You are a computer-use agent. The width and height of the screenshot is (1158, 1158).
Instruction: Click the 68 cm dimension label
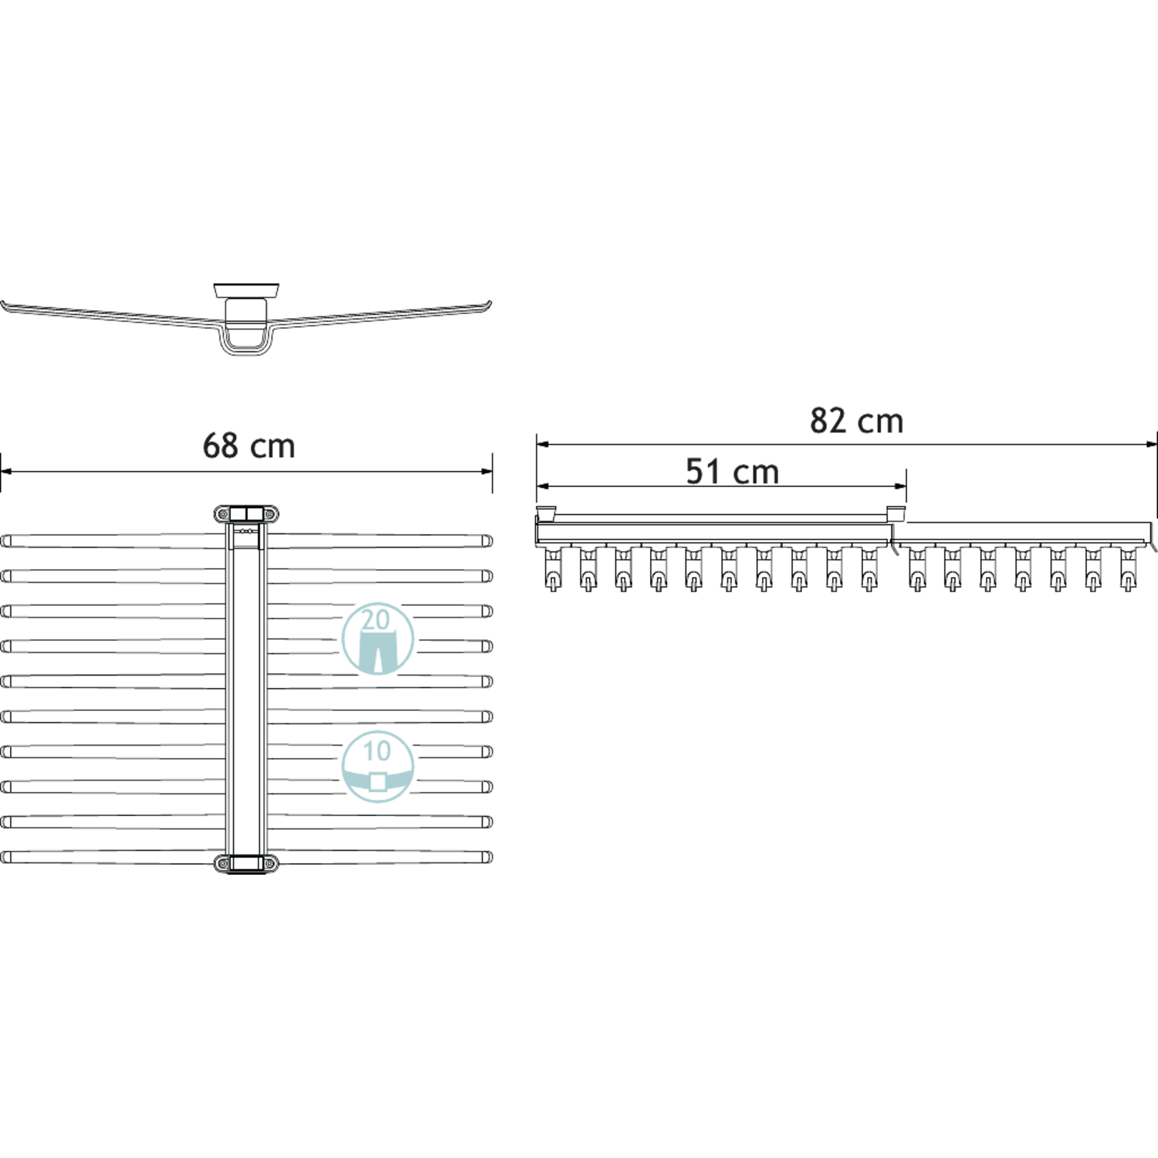click(249, 445)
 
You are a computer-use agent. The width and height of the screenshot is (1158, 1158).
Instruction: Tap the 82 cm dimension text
click(856, 421)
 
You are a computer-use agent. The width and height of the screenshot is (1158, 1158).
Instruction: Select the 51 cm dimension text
click(733, 472)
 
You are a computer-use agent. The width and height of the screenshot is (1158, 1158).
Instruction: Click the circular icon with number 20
click(378, 638)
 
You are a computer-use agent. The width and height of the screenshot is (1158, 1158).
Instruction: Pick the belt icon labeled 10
click(378, 767)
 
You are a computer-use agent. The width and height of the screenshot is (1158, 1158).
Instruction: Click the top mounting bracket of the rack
click(246, 514)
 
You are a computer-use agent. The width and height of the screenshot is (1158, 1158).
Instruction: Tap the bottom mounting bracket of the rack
click(246, 863)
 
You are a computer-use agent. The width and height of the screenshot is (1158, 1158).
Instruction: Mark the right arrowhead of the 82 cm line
click(1151, 444)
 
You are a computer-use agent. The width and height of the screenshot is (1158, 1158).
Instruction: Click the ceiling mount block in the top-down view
click(246, 290)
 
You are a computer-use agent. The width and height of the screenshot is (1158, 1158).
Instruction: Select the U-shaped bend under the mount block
click(246, 343)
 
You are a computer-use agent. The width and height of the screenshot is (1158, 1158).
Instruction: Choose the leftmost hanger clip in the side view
click(553, 568)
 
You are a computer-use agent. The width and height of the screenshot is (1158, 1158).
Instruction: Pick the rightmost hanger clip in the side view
click(1129, 568)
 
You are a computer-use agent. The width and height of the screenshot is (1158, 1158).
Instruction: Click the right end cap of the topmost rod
click(487, 540)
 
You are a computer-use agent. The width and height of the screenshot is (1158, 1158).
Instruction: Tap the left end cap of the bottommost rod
click(6, 857)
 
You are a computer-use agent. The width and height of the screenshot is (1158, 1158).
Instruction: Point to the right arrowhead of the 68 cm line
click(486, 471)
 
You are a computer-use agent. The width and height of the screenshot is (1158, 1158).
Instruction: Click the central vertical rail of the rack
click(246, 689)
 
